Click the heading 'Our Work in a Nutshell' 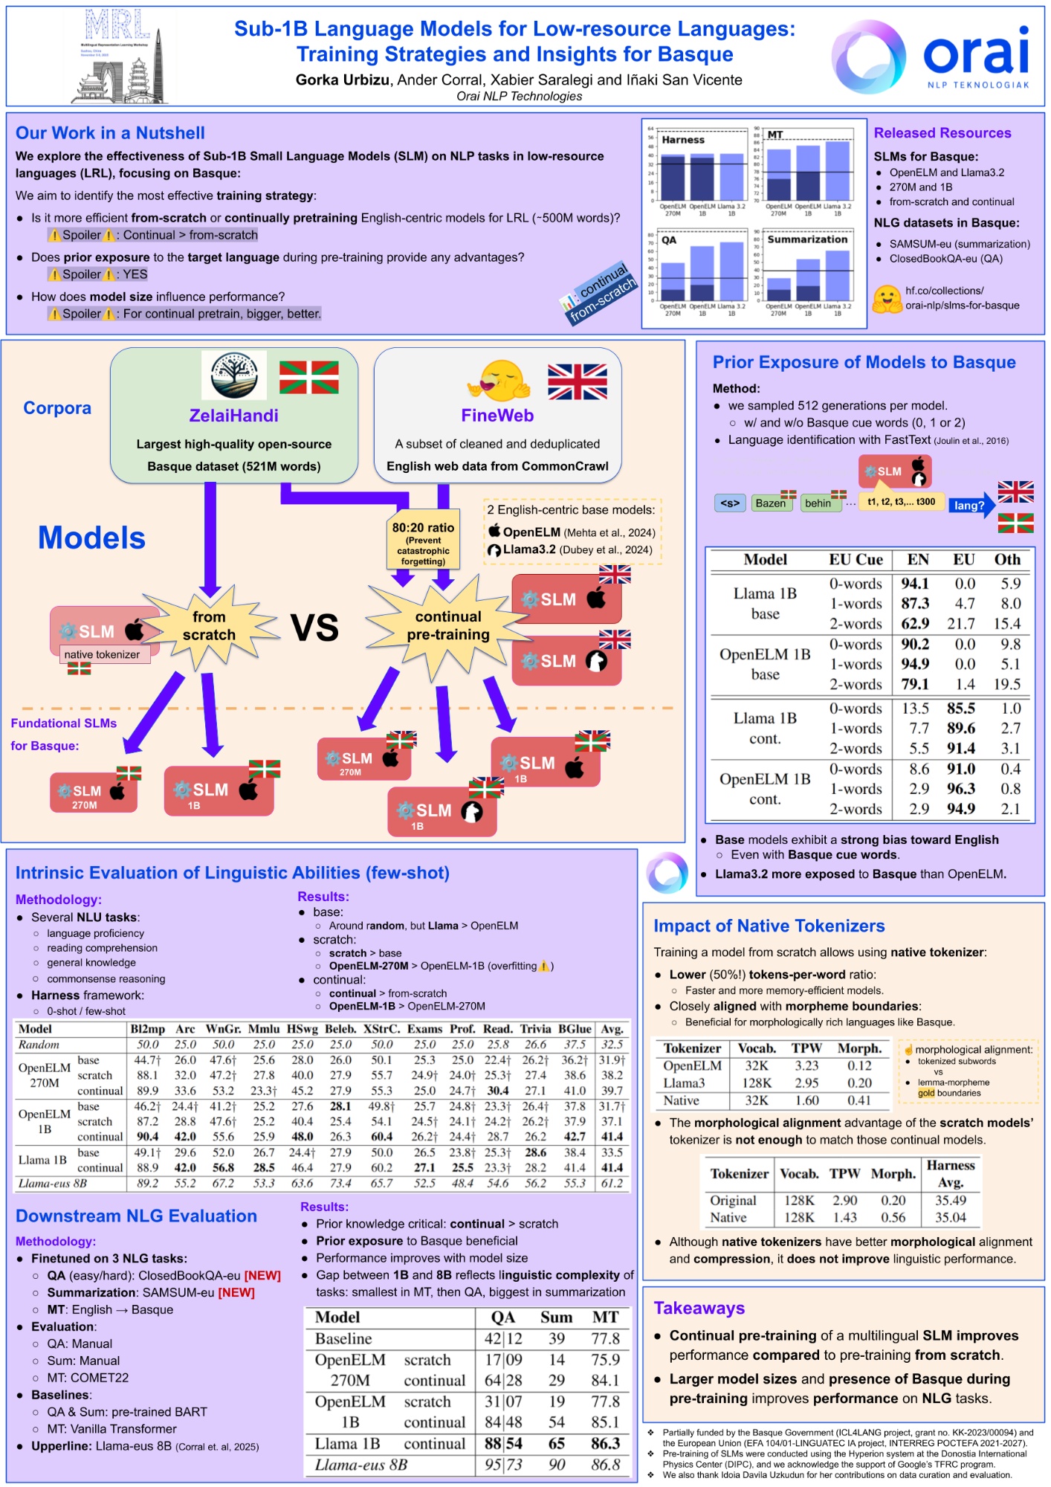pos(110,133)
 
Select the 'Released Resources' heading pos(942,133)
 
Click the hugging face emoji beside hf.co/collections pos(887,299)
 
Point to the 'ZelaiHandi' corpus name pos(233,416)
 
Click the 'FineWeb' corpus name pos(497,416)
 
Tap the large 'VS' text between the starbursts pos(314,628)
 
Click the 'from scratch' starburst pos(210,625)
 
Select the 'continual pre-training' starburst pos(448,625)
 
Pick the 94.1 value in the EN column pos(915,584)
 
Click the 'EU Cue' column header pos(856,560)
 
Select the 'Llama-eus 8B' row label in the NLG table pos(360,1465)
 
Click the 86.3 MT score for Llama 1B pos(605,1443)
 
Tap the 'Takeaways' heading pos(699,1308)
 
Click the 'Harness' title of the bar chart pos(683,140)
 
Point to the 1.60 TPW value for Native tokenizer pos(806,1100)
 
